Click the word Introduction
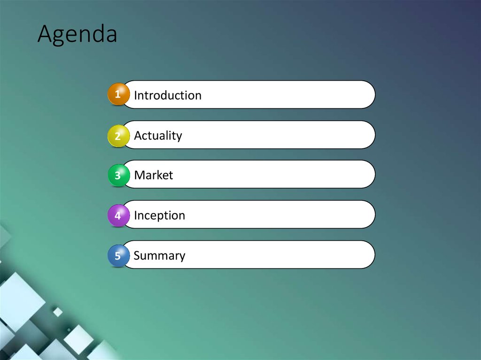click(x=168, y=95)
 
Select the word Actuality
click(x=158, y=136)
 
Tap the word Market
click(x=154, y=176)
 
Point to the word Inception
click(x=159, y=215)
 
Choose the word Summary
click(x=159, y=256)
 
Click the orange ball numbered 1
click(x=118, y=94)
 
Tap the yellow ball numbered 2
click(x=118, y=136)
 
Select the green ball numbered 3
click(x=118, y=176)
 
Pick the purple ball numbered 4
click(x=118, y=216)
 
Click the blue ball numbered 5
click(x=118, y=256)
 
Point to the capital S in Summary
click(x=137, y=256)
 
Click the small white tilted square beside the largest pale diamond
click(x=58, y=312)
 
